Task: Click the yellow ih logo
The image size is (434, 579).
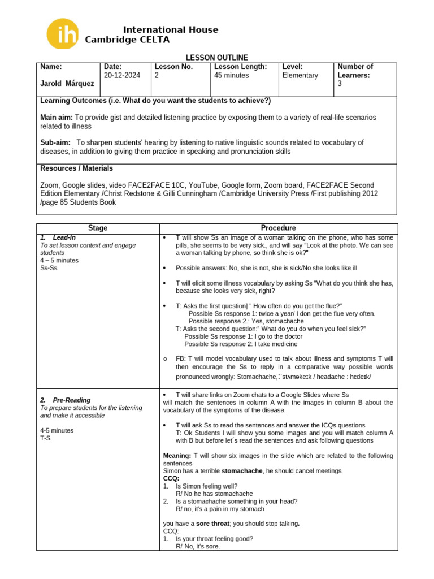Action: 63,34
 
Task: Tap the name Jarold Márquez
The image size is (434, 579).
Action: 67,84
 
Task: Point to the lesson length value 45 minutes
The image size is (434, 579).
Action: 231,75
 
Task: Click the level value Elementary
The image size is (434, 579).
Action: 300,75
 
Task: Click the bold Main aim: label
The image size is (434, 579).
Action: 57,117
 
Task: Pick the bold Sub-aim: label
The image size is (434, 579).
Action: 55,142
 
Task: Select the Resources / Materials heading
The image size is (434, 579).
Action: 76,168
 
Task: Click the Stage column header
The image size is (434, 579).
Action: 98,228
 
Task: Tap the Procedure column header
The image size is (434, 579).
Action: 279,228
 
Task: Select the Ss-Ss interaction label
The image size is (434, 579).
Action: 49,268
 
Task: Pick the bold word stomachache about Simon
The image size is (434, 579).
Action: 242,471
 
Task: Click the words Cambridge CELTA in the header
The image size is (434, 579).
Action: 127,40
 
